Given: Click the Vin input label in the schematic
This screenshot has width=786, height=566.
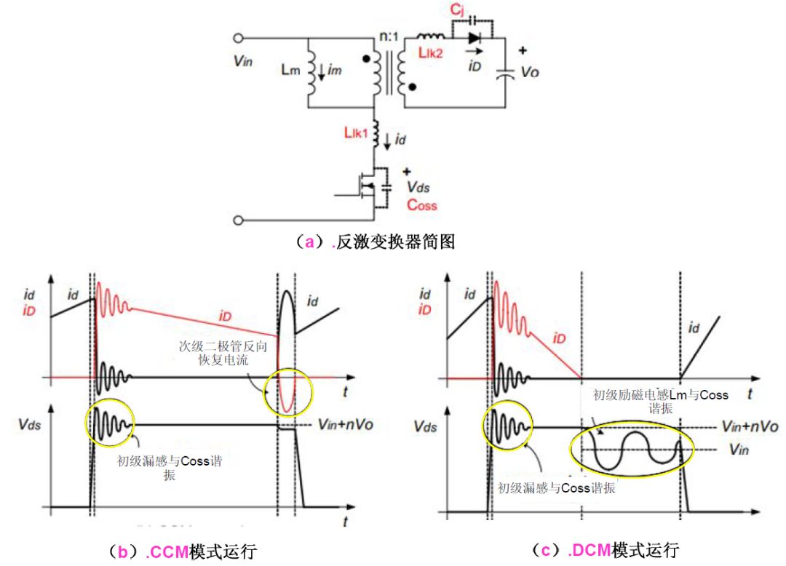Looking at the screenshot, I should pos(242,61).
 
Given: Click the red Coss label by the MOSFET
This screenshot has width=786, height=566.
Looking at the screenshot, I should pos(421,204).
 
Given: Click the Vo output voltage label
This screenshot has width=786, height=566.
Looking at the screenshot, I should pos(531,72).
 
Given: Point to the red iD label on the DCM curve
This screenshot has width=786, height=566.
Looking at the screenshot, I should pos(558,339).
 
